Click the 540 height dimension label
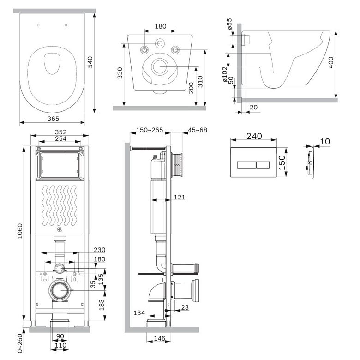click(90, 62)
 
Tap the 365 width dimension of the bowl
click(53, 119)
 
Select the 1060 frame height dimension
click(20, 231)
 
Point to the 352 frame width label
click(60, 132)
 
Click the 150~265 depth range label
click(150, 130)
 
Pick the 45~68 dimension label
click(198, 130)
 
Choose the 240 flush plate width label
click(254, 136)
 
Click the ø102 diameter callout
click(225, 74)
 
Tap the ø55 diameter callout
click(229, 24)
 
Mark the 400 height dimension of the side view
click(331, 62)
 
